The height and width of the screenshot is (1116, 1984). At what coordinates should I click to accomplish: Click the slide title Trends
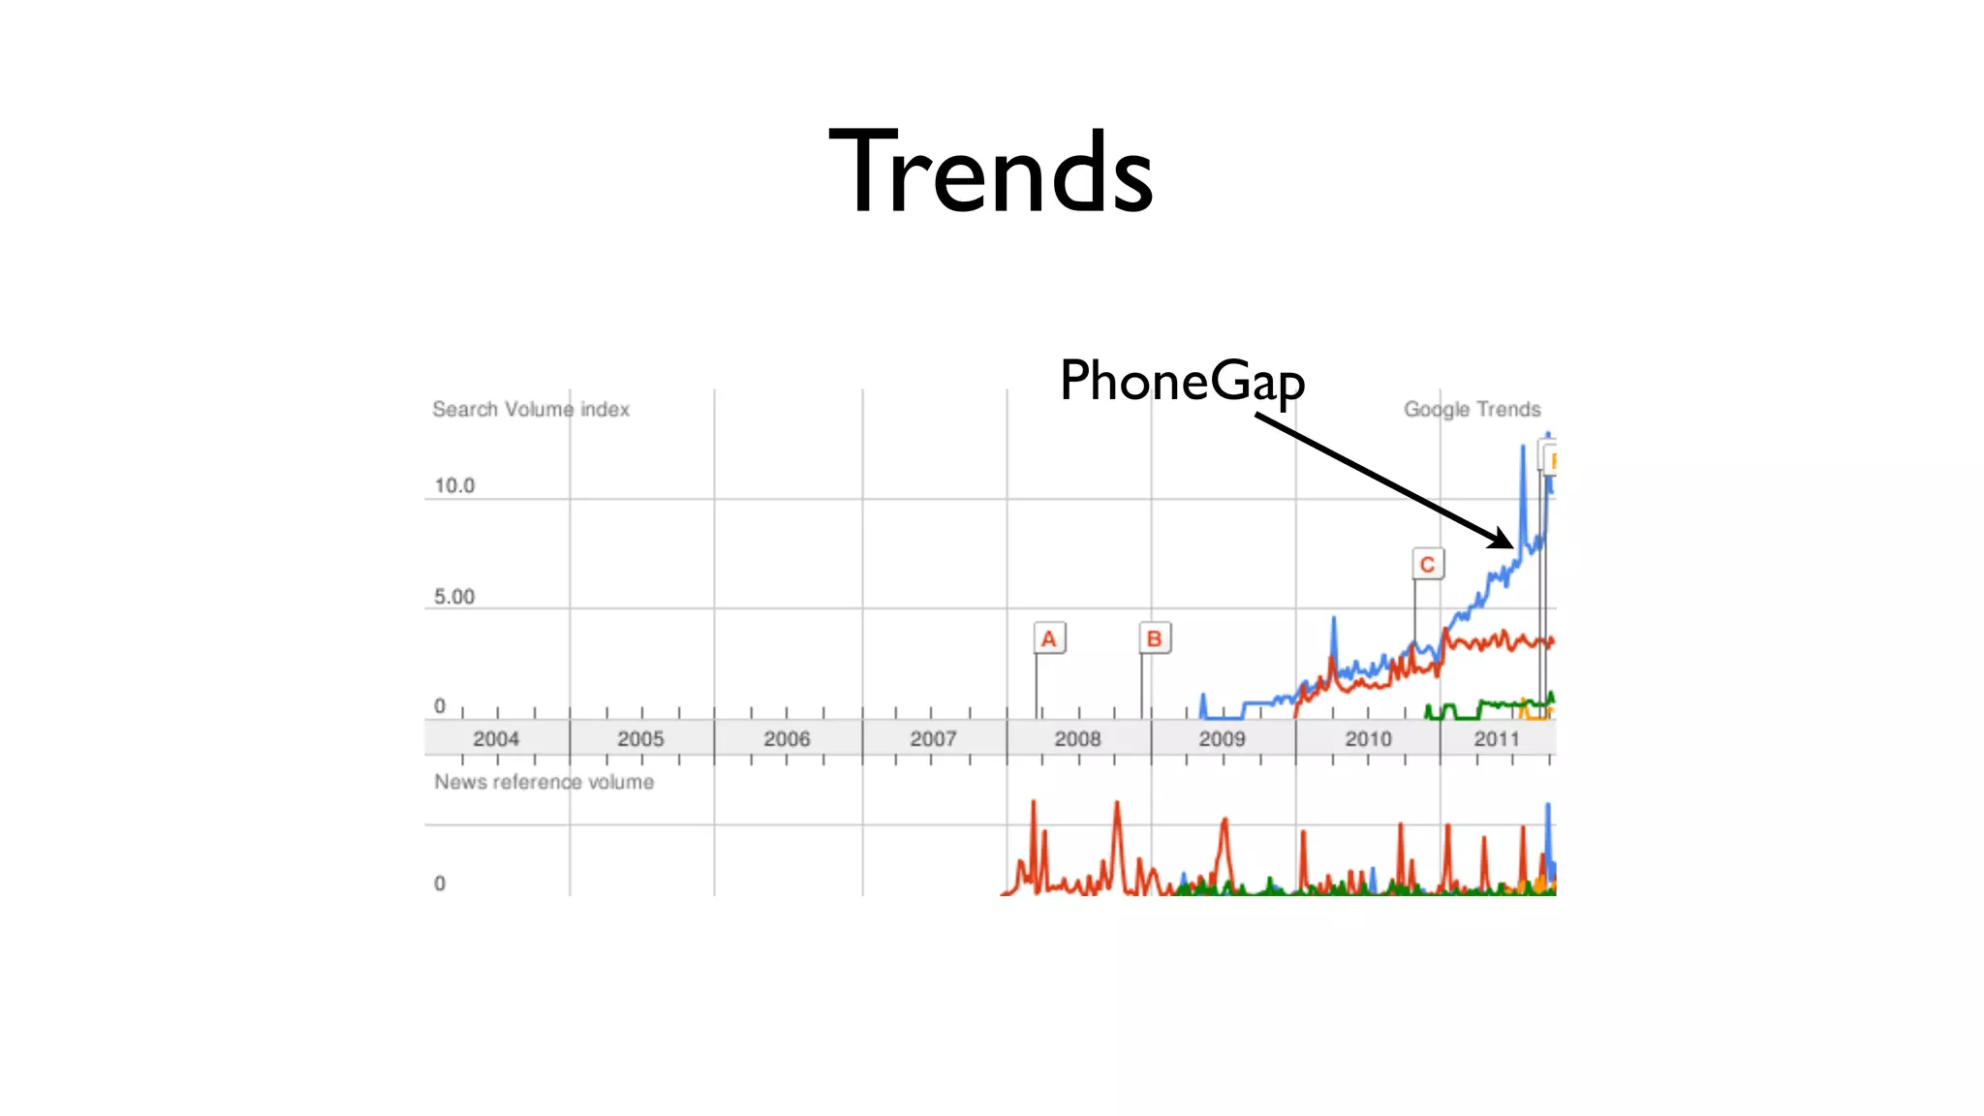pos(990,171)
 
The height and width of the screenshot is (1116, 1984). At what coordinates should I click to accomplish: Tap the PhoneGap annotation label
pos(1182,381)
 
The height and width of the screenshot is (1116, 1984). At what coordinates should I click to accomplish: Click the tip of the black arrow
pos(1511,546)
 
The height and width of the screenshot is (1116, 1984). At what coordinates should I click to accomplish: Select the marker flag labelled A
pos(1048,638)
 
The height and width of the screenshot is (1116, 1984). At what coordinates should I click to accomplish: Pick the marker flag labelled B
pos(1154,638)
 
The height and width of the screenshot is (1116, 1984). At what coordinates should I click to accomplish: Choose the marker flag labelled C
pos(1427,564)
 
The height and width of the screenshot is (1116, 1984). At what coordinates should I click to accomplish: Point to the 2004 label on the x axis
pos(496,739)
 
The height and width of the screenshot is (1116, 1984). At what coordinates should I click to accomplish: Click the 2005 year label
pos(640,739)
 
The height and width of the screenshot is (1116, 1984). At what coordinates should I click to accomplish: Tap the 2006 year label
pos(787,739)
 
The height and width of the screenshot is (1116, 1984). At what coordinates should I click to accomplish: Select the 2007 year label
pos(933,739)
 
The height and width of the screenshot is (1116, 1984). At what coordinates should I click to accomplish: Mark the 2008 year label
pos(1077,739)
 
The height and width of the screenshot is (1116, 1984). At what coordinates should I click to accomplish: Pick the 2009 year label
pos(1222,739)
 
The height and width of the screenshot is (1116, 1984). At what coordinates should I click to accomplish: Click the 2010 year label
pos(1368,739)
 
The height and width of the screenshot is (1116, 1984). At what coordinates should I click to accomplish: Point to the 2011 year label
pos(1497,739)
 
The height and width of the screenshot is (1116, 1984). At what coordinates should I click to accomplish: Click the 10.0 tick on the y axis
pos(454,485)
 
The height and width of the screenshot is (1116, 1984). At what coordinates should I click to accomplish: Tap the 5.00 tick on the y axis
pos(454,597)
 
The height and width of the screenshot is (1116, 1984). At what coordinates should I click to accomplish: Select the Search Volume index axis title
pos(531,409)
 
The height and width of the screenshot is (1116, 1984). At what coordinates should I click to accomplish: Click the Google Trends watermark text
pos(1472,409)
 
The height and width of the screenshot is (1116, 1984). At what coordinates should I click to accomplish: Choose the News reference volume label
pos(543,782)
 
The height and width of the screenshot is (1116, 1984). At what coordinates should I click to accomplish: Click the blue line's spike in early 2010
pos(1334,620)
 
